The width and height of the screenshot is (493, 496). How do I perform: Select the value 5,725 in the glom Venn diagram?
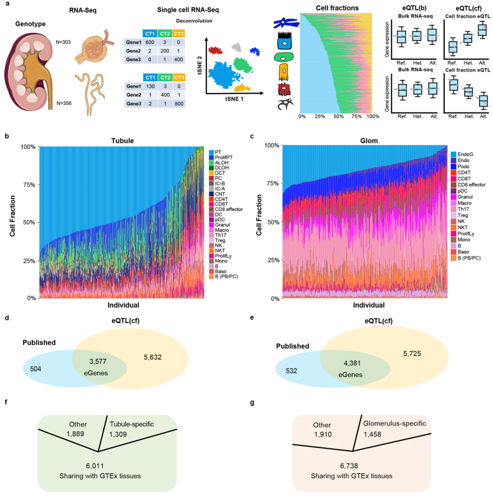[382, 353]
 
